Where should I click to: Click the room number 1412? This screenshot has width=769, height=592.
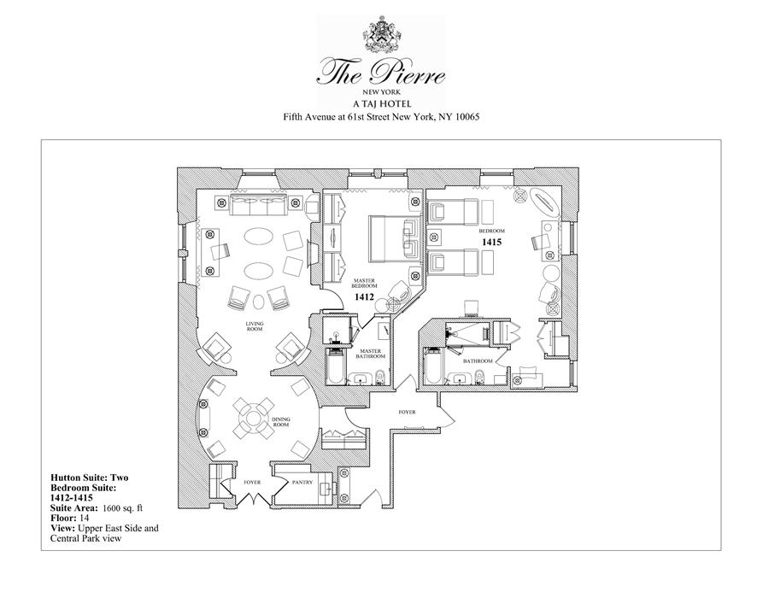pos(366,298)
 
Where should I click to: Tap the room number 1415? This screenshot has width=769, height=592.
pos(490,243)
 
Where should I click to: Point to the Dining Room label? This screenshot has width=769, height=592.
pos(281,421)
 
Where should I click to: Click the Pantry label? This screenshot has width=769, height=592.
pos(303,483)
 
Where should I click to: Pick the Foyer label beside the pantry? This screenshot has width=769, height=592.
pos(252,483)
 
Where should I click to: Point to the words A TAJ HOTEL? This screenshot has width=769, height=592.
pos(383,103)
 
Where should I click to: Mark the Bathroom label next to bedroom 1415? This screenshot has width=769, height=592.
pos(478,361)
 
